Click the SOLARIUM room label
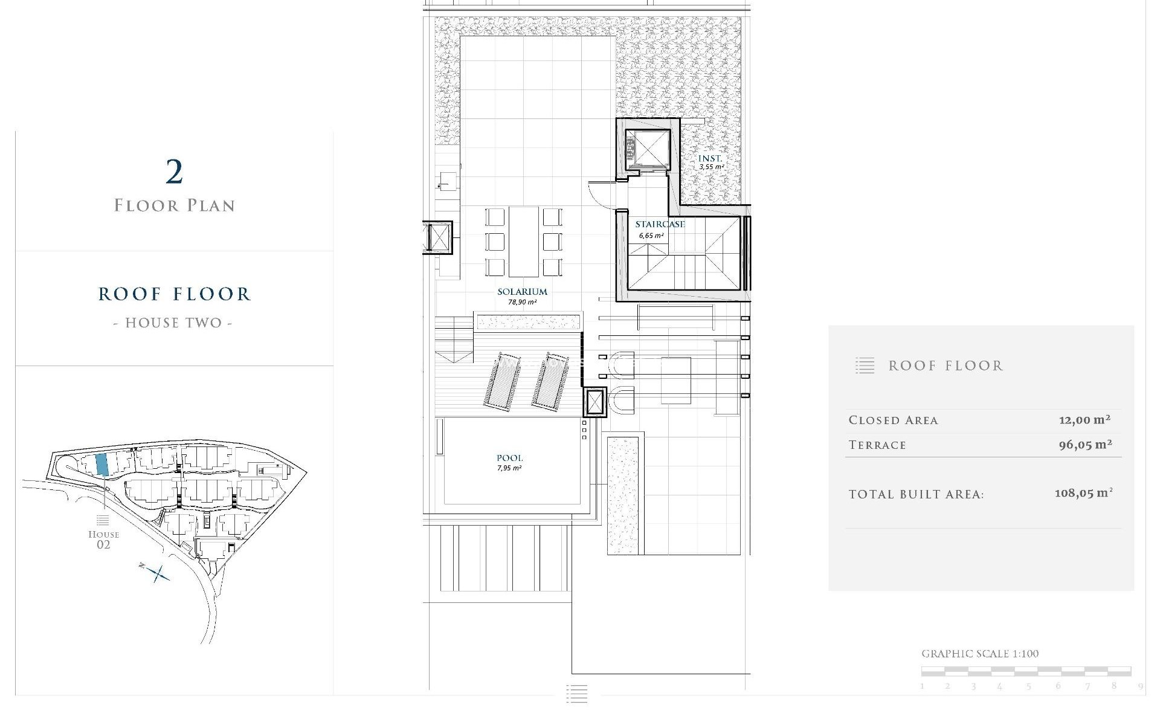pos(522,292)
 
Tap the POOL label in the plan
pos(509,458)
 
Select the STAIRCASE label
pos(660,224)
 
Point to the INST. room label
pos(710,159)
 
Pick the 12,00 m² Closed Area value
pos(1084,420)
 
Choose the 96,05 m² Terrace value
pos(1085,445)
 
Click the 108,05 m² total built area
pos(1083,493)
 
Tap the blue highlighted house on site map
pos(102,464)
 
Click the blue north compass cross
pos(158,573)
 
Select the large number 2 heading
pos(174,172)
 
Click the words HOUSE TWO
pos(173,323)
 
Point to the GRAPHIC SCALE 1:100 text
pos(979,654)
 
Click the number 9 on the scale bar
pos(1140,686)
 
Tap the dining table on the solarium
pos(524,241)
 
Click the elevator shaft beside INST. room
pos(646,148)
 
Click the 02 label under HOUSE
pos(103,545)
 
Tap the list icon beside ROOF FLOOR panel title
pos(865,366)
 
